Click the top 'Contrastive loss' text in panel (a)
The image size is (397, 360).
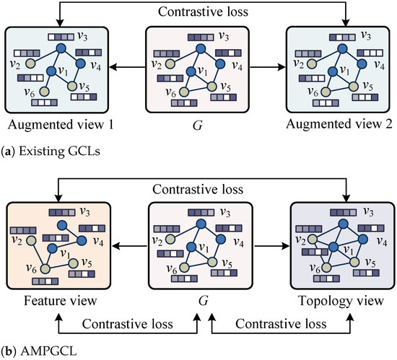pyautogui.click(x=197, y=12)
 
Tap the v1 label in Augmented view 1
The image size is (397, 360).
pyautogui.click(x=65, y=74)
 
